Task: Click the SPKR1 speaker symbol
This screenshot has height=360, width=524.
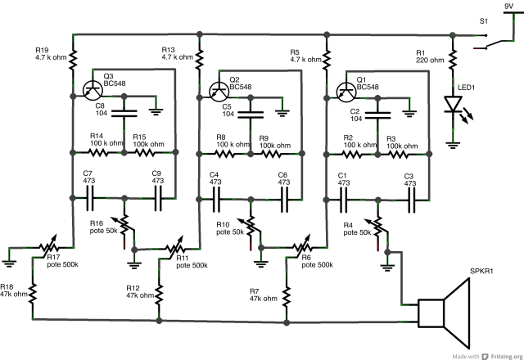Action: (x=444, y=313)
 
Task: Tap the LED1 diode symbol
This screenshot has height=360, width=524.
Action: (x=454, y=104)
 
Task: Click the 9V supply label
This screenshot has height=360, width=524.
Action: (x=508, y=6)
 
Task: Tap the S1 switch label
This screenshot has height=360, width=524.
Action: (x=484, y=21)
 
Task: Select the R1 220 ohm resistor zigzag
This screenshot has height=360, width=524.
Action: (x=453, y=58)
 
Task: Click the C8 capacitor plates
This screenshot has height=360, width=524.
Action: (x=124, y=114)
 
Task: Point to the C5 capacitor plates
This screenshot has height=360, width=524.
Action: (x=251, y=115)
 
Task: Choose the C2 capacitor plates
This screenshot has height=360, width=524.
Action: (x=377, y=115)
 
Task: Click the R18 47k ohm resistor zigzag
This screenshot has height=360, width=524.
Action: (x=33, y=294)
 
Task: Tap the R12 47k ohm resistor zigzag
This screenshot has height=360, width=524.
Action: (x=159, y=294)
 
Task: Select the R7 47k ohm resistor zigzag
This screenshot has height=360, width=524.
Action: (x=287, y=296)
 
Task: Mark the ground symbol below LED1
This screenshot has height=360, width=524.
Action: (x=453, y=145)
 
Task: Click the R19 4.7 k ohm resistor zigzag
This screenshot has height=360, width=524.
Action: (x=73, y=60)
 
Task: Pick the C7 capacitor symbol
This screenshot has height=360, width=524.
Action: (x=90, y=198)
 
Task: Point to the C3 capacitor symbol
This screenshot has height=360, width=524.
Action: (x=412, y=200)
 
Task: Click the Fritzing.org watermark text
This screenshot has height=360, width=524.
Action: (x=507, y=357)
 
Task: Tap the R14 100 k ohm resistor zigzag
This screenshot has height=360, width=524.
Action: (x=98, y=153)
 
